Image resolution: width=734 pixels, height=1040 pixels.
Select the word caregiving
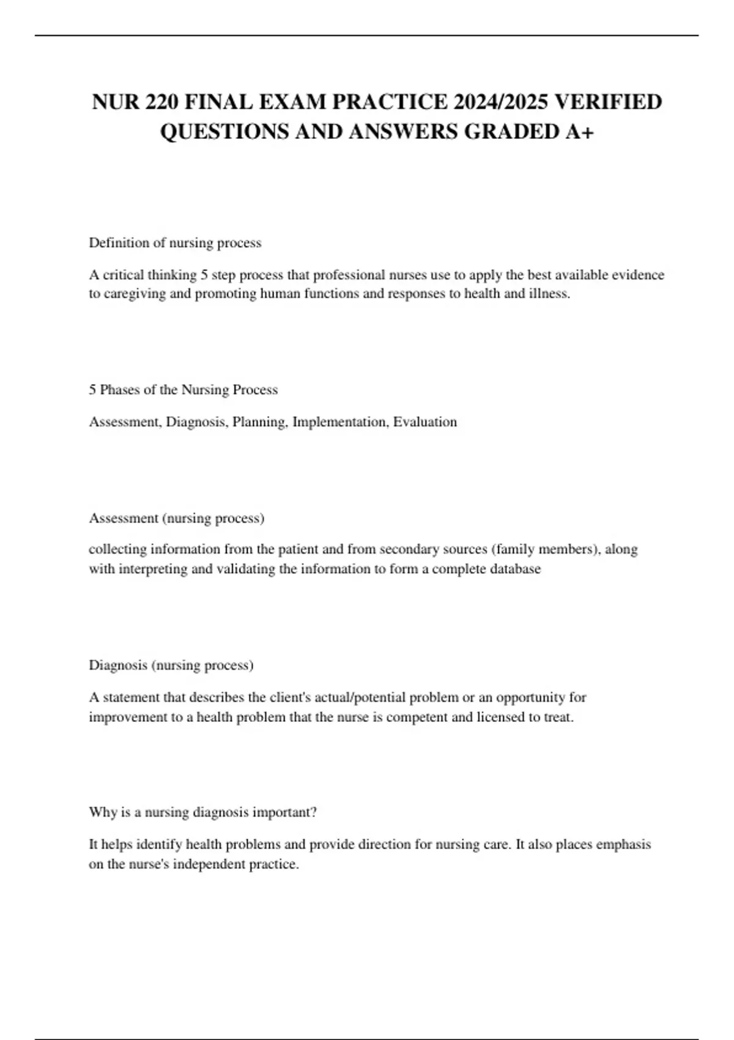(135, 294)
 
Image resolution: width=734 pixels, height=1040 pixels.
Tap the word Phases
(120, 390)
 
